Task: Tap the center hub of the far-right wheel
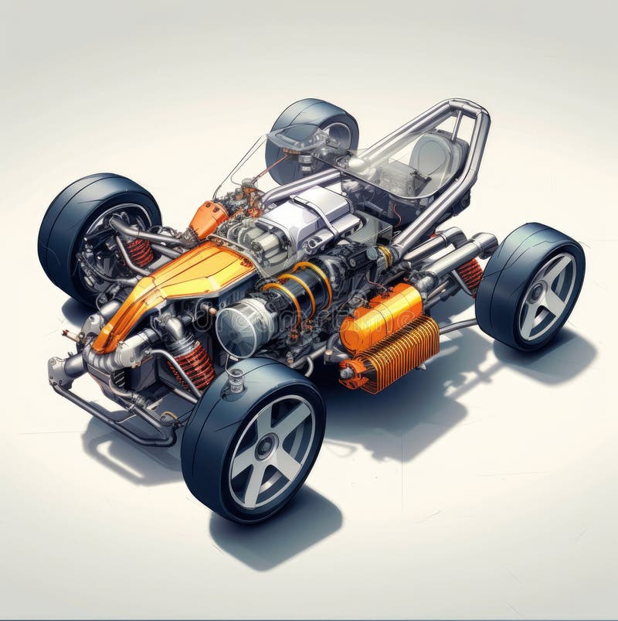coord(546,297)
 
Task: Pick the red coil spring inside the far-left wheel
coord(140,252)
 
